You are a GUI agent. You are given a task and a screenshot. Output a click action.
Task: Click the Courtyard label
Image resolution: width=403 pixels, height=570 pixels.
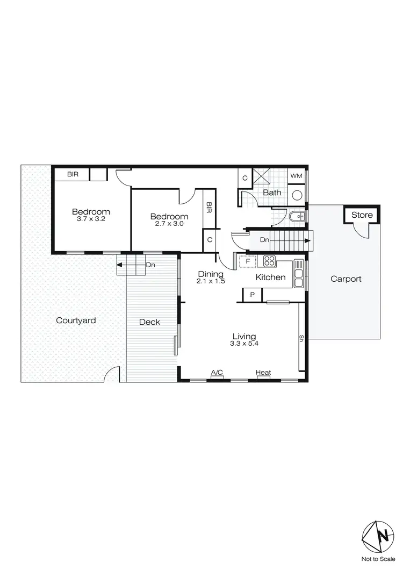click(x=76, y=320)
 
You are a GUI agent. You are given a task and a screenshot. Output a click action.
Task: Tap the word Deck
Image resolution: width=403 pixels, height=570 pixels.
click(x=149, y=322)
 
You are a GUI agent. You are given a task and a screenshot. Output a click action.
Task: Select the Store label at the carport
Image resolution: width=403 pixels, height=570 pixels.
click(x=362, y=215)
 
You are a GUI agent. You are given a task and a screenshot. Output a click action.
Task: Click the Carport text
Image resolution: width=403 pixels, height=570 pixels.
click(x=346, y=279)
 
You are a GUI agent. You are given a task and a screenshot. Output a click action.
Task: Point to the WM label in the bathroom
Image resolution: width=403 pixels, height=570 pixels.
click(x=297, y=176)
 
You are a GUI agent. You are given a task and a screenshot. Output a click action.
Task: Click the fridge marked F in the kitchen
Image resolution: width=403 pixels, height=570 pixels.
click(x=248, y=261)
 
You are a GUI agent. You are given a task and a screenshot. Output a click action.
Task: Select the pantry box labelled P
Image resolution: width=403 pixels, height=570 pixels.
click(x=252, y=295)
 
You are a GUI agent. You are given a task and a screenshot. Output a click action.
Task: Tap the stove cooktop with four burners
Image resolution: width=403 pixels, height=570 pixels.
click(x=269, y=262)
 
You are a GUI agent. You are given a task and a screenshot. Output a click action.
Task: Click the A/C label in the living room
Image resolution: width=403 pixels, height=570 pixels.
click(x=217, y=372)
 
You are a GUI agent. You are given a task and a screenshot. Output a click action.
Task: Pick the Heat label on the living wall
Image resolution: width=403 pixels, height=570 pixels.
click(x=263, y=372)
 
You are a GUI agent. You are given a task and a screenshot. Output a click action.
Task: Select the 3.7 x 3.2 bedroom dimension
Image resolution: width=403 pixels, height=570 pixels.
click(x=91, y=219)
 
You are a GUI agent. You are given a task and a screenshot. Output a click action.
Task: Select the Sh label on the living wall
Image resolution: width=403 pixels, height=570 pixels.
click(x=301, y=338)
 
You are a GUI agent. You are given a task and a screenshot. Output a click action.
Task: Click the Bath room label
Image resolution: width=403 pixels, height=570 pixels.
click(x=272, y=193)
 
